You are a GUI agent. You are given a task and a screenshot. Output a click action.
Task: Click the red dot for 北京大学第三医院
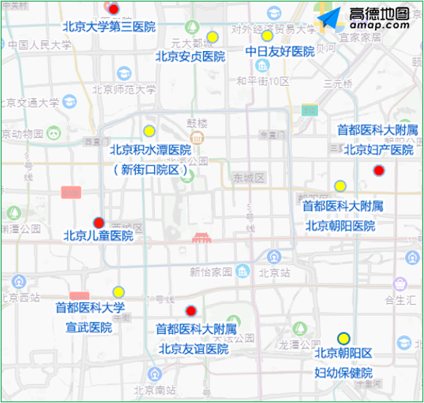click(114, 9)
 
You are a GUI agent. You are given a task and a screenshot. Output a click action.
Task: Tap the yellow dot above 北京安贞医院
click(212, 37)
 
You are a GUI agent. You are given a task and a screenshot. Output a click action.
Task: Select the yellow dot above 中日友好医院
click(267, 36)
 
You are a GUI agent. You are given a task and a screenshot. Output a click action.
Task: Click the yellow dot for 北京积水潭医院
click(149, 131)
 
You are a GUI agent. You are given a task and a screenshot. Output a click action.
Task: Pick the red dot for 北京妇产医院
click(378, 171)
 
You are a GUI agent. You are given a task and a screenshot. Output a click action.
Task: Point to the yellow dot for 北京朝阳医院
click(340, 186)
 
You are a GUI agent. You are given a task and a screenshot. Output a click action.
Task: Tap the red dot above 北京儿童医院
click(99, 222)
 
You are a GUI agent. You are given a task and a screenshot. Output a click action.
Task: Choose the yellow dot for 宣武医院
click(118, 292)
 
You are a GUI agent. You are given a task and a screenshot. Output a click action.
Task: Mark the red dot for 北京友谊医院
click(191, 311)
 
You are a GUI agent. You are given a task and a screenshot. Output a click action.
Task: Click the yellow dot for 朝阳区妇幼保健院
click(343, 337)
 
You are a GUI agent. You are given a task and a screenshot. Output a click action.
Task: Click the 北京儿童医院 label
click(99, 236)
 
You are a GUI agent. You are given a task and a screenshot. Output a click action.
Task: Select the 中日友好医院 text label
click(280, 52)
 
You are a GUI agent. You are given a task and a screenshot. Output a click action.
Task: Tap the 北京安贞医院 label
click(190, 56)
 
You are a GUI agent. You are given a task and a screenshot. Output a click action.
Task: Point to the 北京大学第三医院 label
click(109, 27)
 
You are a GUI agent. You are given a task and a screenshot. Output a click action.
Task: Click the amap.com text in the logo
click(379, 25)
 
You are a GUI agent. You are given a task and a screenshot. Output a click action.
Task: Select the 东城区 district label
click(248, 178)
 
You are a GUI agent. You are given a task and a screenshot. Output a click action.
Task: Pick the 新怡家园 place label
click(210, 272)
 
